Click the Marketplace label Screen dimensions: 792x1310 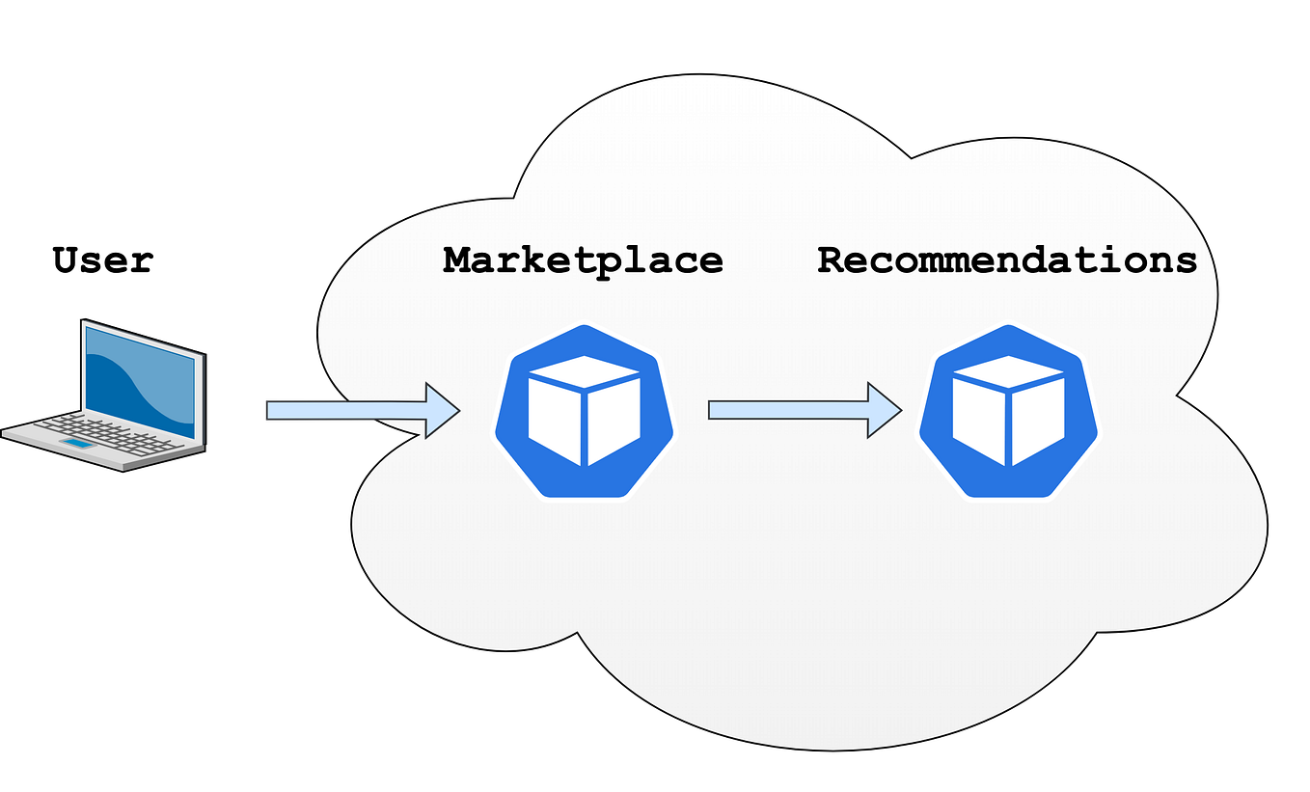583,259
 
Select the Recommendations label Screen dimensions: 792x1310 1007,259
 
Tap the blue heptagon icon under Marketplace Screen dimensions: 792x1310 584,411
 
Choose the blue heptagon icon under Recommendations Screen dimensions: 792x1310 1008,411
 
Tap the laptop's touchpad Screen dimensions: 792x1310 79,445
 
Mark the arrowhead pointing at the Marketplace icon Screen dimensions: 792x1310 440,411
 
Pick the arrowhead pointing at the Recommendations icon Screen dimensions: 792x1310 882,411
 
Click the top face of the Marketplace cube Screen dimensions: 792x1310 584,371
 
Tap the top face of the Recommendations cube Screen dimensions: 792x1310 1008,371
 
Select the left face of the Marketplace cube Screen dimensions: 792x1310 554,420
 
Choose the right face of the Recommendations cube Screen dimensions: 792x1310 1038,420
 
